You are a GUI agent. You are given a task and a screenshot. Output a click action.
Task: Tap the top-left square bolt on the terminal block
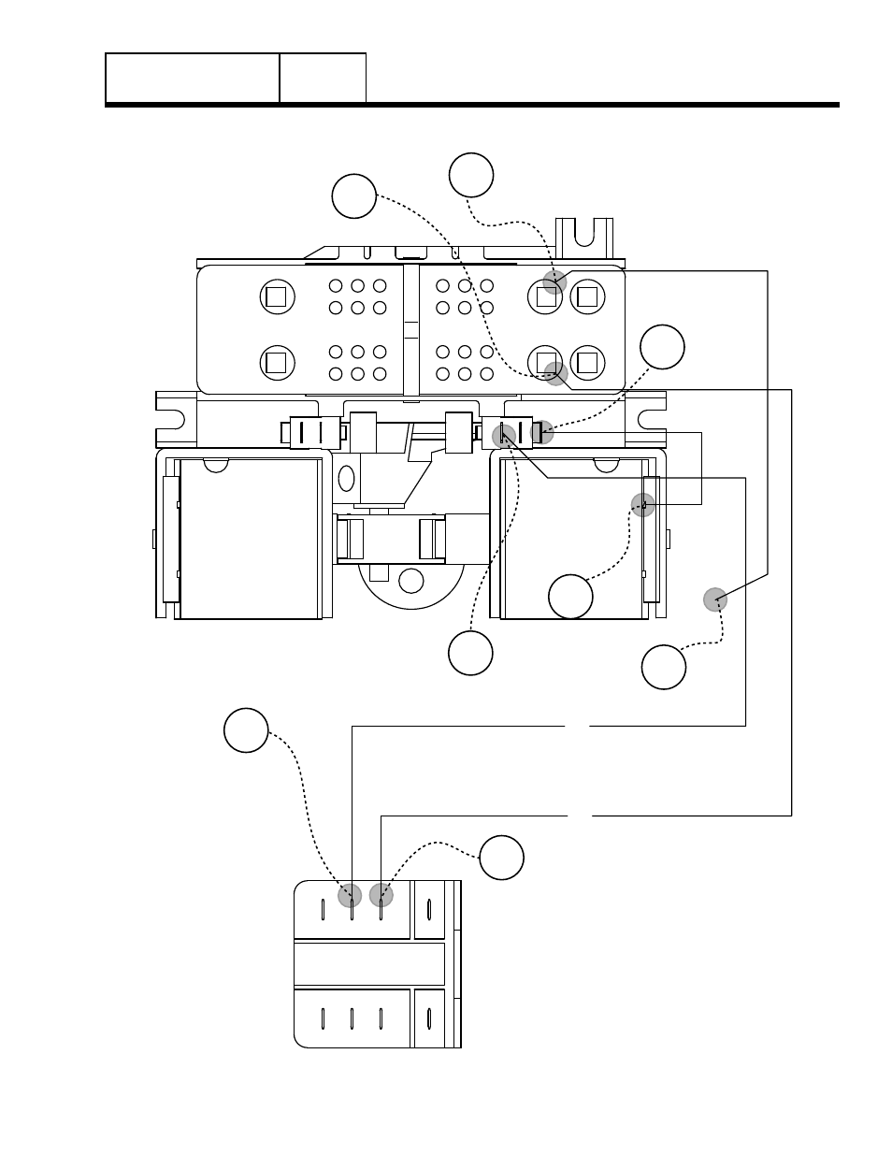[275, 297]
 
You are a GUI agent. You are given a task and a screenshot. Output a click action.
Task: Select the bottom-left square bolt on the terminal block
[275, 362]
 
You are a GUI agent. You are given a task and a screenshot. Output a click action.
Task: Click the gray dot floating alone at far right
[715, 599]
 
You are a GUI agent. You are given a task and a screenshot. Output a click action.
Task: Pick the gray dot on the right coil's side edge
[642, 505]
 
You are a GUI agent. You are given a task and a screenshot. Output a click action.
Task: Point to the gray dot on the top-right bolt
[554, 282]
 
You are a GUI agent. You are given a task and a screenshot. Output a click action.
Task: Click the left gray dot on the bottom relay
[350, 895]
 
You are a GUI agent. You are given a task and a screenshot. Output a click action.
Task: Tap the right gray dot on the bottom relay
[381, 895]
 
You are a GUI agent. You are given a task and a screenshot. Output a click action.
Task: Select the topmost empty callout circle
[471, 175]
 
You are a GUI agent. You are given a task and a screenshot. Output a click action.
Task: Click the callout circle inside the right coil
[570, 597]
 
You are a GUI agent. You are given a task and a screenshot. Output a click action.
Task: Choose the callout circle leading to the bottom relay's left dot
[246, 730]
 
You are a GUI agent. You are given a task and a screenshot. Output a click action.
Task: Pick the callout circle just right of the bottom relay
[501, 858]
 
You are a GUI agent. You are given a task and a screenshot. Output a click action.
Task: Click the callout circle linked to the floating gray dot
[664, 667]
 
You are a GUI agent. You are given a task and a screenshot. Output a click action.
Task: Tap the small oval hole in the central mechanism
[346, 477]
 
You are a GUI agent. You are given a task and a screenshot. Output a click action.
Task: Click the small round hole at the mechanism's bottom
[410, 581]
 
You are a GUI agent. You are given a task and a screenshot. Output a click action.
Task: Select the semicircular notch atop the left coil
[215, 465]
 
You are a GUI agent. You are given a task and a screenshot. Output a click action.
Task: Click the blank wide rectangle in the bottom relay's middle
[369, 964]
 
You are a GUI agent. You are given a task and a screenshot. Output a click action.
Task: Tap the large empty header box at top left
[193, 78]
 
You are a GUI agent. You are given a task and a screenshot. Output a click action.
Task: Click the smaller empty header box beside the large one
[323, 78]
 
